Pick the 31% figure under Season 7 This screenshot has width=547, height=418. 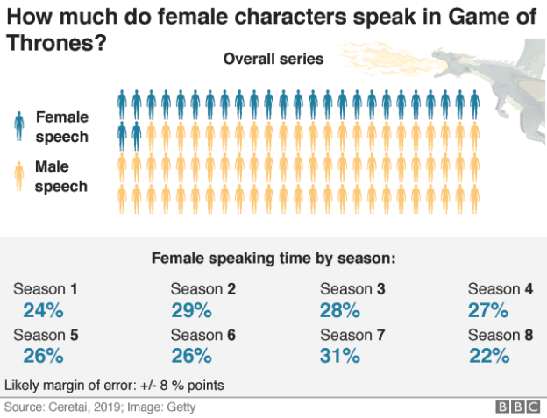pos(340,355)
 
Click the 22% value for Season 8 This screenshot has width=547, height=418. pos(488,355)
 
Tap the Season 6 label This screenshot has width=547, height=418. pos(202,335)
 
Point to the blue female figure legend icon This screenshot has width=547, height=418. pos(18,126)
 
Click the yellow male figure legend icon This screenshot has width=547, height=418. pos(18,175)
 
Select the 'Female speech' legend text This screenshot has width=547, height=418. pos(61,126)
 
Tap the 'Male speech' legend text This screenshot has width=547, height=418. pos(60,175)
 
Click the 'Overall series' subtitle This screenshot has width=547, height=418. pos(273,60)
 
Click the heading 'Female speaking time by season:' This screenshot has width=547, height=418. pos(273,259)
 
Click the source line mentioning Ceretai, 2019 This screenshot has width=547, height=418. pos(100,407)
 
